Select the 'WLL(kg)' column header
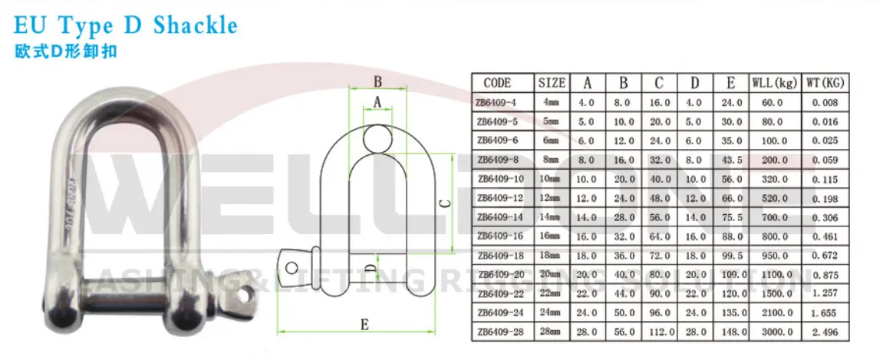[773, 83]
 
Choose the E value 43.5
[731, 160]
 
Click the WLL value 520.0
[773, 198]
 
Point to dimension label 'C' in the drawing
[444, 203]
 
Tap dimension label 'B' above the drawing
[377, 82]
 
